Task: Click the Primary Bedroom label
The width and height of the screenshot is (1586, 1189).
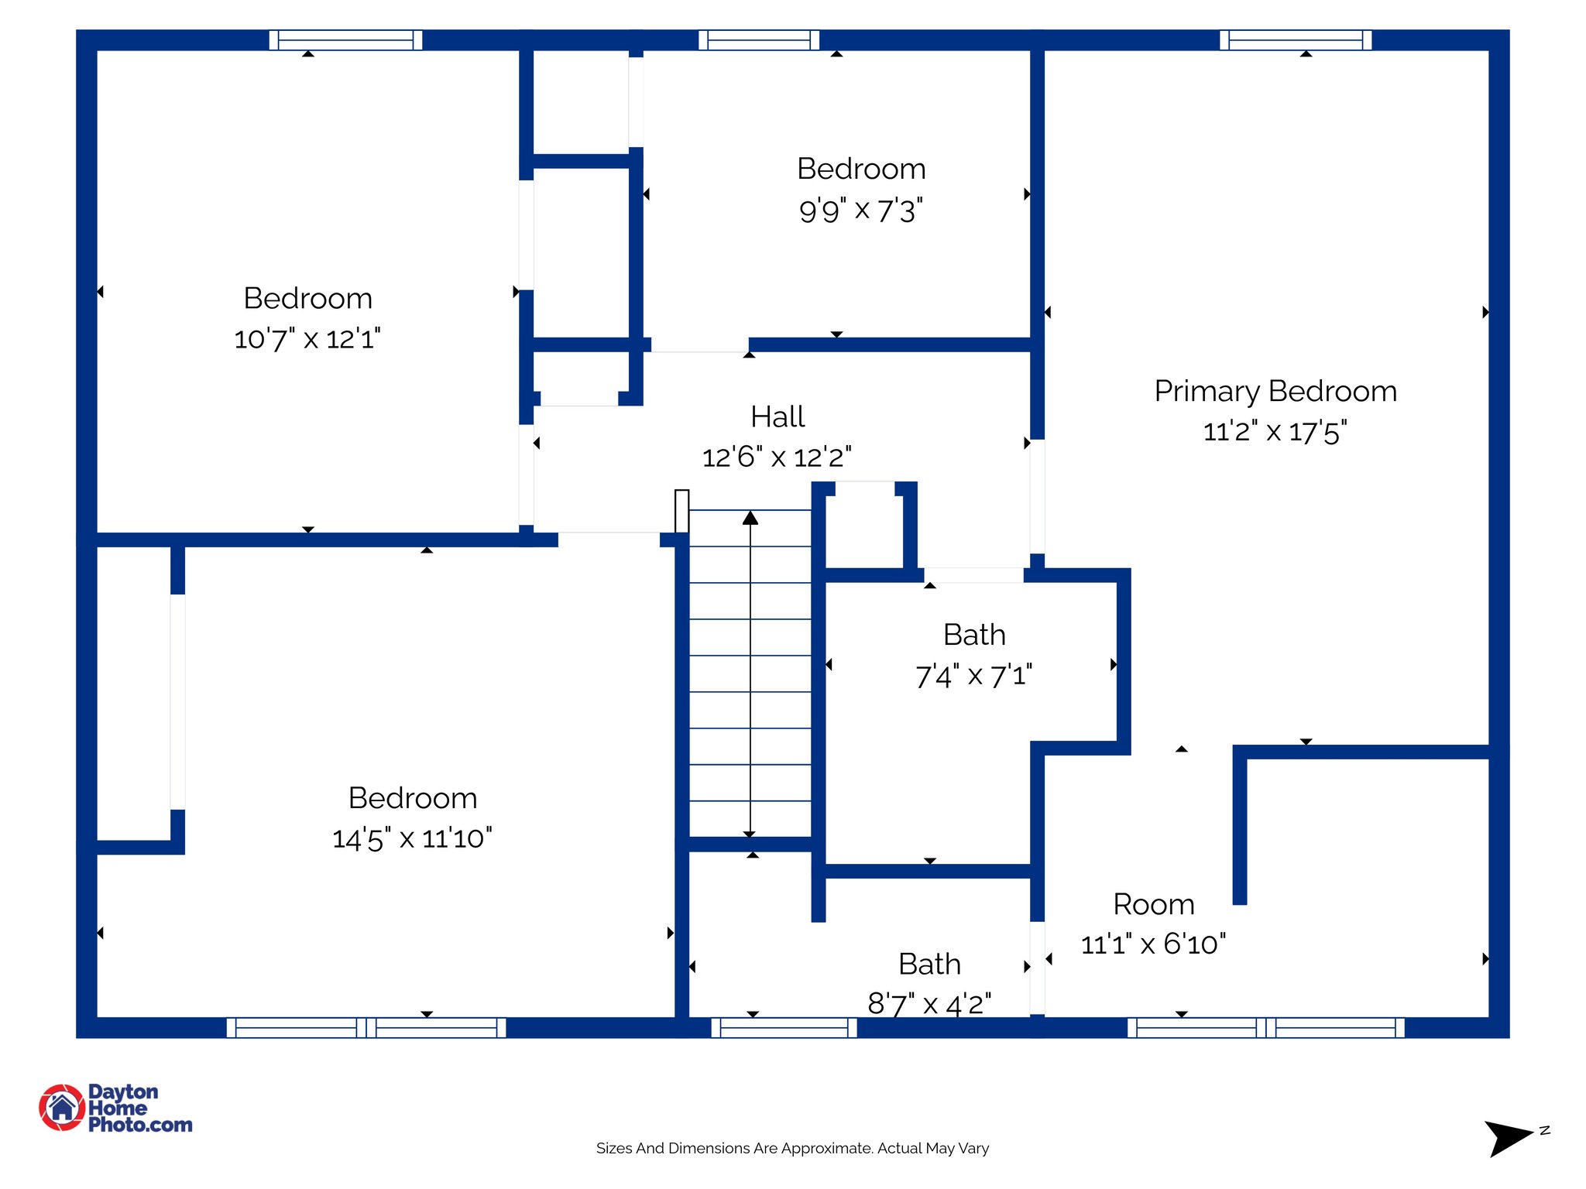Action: (1275, 391)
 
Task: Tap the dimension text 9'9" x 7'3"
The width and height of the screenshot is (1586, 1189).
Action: (860, 210)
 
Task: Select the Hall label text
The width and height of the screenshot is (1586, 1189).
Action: (778, 416)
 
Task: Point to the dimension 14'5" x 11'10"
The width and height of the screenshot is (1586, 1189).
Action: (411, 838)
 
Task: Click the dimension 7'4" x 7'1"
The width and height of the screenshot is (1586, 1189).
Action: (973, 676)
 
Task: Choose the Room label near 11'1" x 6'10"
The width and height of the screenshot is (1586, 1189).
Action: (1153, 904)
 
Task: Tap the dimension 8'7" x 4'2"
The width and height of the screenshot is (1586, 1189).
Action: (929, 1004)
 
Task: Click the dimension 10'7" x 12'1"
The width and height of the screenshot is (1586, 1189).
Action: (307, 339)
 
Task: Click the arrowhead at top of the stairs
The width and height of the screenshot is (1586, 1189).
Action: (750, 518)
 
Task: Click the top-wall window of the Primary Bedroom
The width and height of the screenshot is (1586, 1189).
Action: (1295, 40)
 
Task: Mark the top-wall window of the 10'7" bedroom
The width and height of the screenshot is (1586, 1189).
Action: (345, 40)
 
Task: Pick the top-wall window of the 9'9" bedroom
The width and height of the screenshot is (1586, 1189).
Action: (759, 40)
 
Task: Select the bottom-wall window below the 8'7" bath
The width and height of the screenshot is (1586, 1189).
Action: (784, 1027)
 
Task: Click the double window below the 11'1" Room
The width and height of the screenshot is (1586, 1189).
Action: (1265, 1027)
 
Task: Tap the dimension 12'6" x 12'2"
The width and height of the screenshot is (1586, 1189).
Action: (777, 457)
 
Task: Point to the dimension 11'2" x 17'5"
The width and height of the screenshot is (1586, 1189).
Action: (1275, 431)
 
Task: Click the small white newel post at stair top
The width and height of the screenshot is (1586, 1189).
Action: (681, 511)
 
